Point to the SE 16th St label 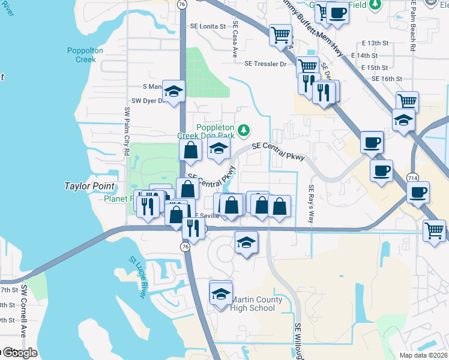coord(386,79)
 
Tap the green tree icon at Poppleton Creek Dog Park coord(243,130)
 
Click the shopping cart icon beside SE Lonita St coord(280,35)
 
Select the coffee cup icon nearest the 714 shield coord(418,193)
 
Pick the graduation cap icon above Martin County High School coord(221,293)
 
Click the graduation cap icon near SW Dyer coord(173,92)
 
